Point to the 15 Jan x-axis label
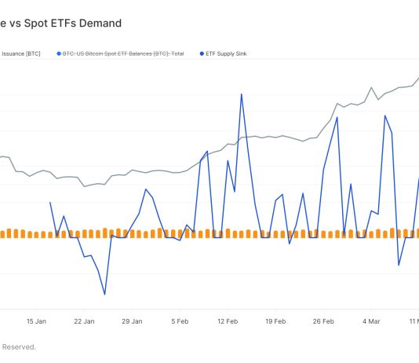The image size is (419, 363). point(36,321)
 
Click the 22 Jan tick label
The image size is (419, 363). point(84,321)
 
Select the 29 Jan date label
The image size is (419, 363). point(132,321)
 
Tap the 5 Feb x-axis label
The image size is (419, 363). point(180,321)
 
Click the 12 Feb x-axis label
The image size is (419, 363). point(228,321)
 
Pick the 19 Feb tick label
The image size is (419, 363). point(275,321)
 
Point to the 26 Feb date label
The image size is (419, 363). point(323,321)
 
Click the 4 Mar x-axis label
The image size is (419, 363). point(371,321)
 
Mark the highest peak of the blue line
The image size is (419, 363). point(241,94)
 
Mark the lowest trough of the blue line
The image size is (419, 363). point(104,295)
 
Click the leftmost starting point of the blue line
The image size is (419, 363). point(50,203)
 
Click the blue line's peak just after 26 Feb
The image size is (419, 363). point(337,118)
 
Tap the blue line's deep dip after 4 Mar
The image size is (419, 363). point(399,265)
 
